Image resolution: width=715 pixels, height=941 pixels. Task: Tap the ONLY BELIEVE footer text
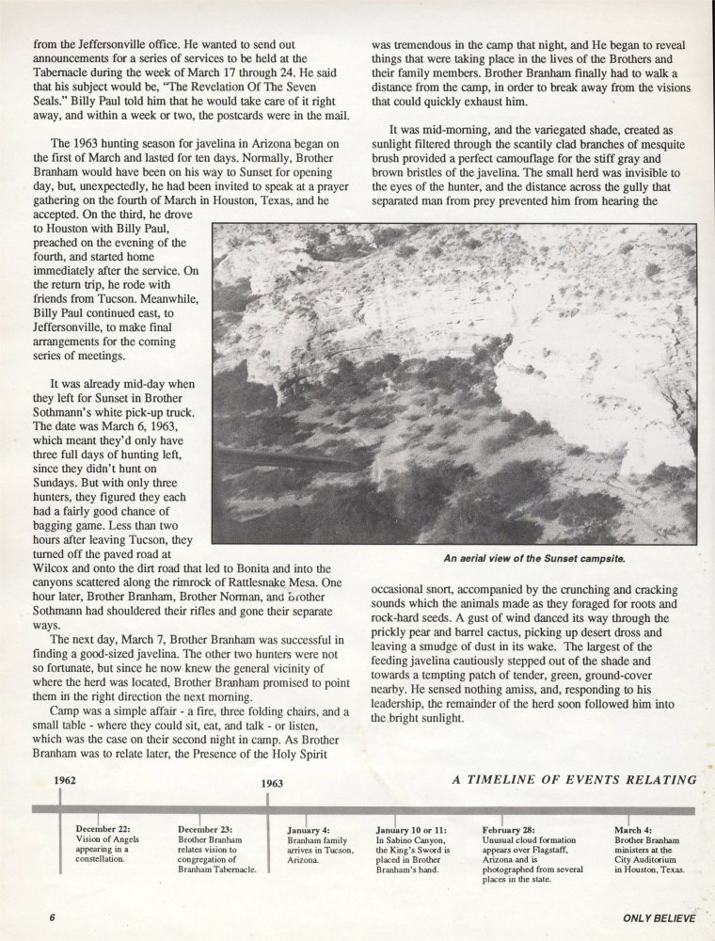(659, 918)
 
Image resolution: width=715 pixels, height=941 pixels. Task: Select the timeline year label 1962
(65, 780)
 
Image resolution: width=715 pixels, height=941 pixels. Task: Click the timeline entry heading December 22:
(103, 828)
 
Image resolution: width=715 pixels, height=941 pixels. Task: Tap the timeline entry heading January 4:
(309, 831)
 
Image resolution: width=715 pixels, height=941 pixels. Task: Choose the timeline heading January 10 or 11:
(411, 831)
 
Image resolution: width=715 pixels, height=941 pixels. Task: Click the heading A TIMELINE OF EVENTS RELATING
(574, 778)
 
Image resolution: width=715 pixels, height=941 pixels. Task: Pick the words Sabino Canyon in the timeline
(419, 840)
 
